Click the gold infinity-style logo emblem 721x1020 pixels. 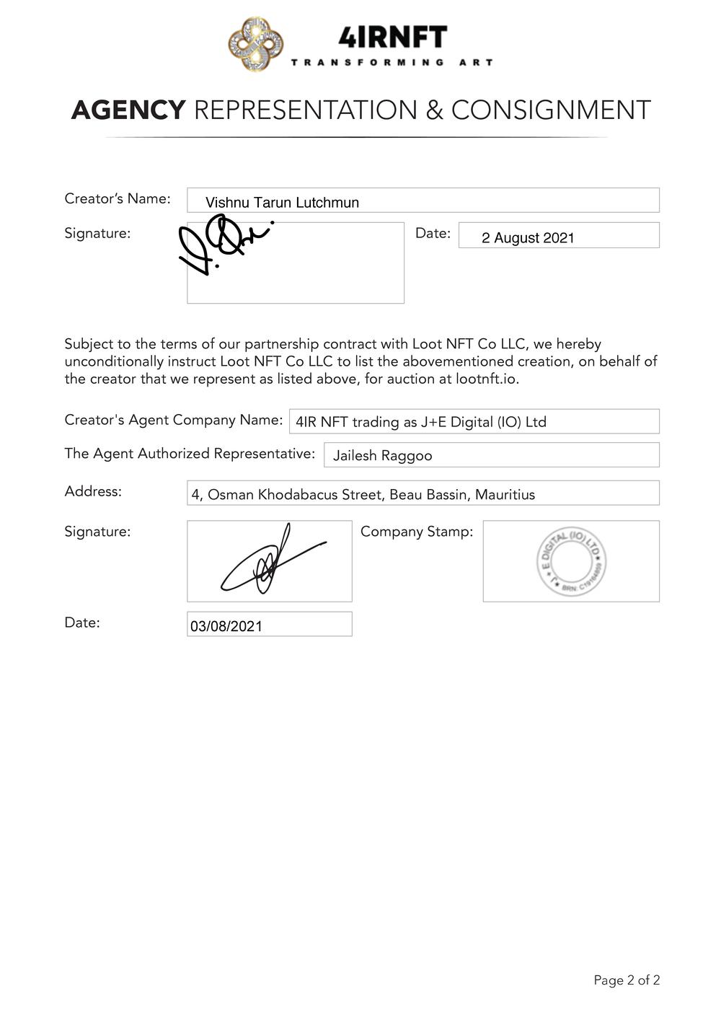click(255, 45)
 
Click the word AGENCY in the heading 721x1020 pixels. click(128, 110)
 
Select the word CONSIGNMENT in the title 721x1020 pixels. click(551, 110)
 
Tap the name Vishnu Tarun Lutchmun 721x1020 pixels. click(282, 203)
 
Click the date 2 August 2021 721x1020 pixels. click(528, 238)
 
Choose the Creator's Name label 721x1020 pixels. click(118, 198)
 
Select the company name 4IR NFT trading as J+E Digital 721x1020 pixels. click(421, 422)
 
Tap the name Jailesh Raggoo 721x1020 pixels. click(382, 456)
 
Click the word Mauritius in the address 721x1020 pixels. click(505, 495)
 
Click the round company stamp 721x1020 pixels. click(571, 561)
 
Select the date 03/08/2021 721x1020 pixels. click(226, 626)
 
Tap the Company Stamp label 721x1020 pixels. click(417, 532)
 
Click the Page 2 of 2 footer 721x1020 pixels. click(627, 980)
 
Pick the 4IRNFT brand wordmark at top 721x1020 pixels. click(393, 37)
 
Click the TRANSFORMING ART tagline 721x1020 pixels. click(392, 63)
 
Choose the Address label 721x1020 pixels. click(93, 491)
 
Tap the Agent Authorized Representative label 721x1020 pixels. click(190, 454)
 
